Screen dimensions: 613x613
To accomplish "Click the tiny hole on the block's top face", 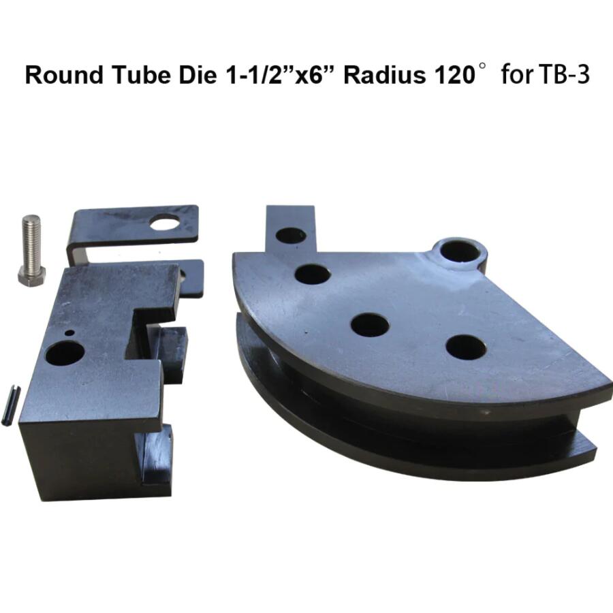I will tap(69, 333).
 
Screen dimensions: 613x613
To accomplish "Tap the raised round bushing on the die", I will tap(460, 251).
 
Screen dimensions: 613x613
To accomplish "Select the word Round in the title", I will tap(60, 75).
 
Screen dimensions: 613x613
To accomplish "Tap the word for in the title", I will tap(516, 75).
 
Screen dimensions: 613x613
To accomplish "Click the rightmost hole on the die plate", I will tap(466, 347).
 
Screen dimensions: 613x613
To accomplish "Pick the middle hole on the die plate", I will tap(370, 324).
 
